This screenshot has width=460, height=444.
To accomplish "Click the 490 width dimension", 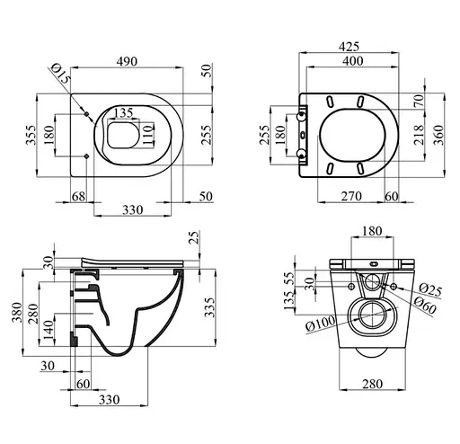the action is click(x=127, y=61).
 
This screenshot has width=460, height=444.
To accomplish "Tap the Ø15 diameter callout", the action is click(x=61, y=74).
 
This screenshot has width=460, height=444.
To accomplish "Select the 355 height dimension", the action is click(x=31, y=135).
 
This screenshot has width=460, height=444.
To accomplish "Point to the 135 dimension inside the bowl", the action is click(x=123, y=113).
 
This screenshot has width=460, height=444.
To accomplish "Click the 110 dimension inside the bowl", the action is click(x=147, y=135).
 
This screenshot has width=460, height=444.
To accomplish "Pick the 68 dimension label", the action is click(x=78, y=197).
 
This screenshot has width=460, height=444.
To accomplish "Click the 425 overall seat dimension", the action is click(x=349, y=47).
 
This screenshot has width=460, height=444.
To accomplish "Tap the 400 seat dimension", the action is click(x=353, y=61).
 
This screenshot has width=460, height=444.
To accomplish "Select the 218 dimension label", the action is click(x=419, y=135).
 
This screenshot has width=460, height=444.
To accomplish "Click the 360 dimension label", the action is click(x=438, y=135).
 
